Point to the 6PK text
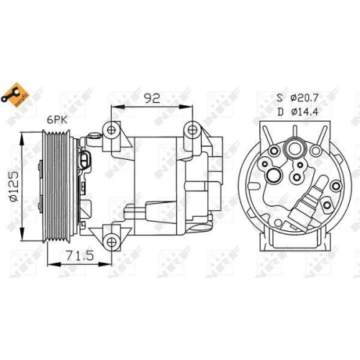tap(58, 120)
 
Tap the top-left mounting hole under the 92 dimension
tap(112, 130)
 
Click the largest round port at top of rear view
tap(294, 150)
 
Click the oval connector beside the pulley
tap(87, 159)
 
